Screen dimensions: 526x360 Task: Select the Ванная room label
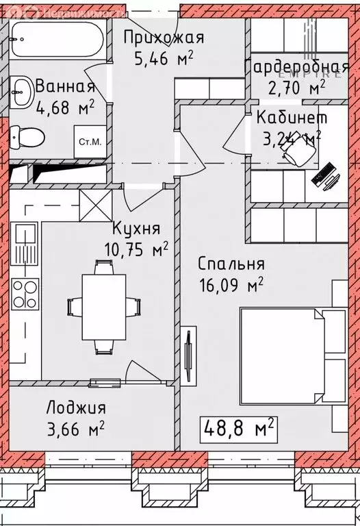[x=64, y=87]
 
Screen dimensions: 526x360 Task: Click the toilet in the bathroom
[x=26, y=134]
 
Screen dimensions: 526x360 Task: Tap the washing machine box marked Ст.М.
[x=90, y=143]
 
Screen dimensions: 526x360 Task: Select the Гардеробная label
[x=297, y=68]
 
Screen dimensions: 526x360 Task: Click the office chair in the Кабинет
[x=296, y=158]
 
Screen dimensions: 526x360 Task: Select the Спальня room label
[x=231, y=264]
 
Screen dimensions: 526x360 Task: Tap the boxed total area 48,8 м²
[x=240, y=429]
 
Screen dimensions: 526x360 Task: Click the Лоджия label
[x=76, y=408]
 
